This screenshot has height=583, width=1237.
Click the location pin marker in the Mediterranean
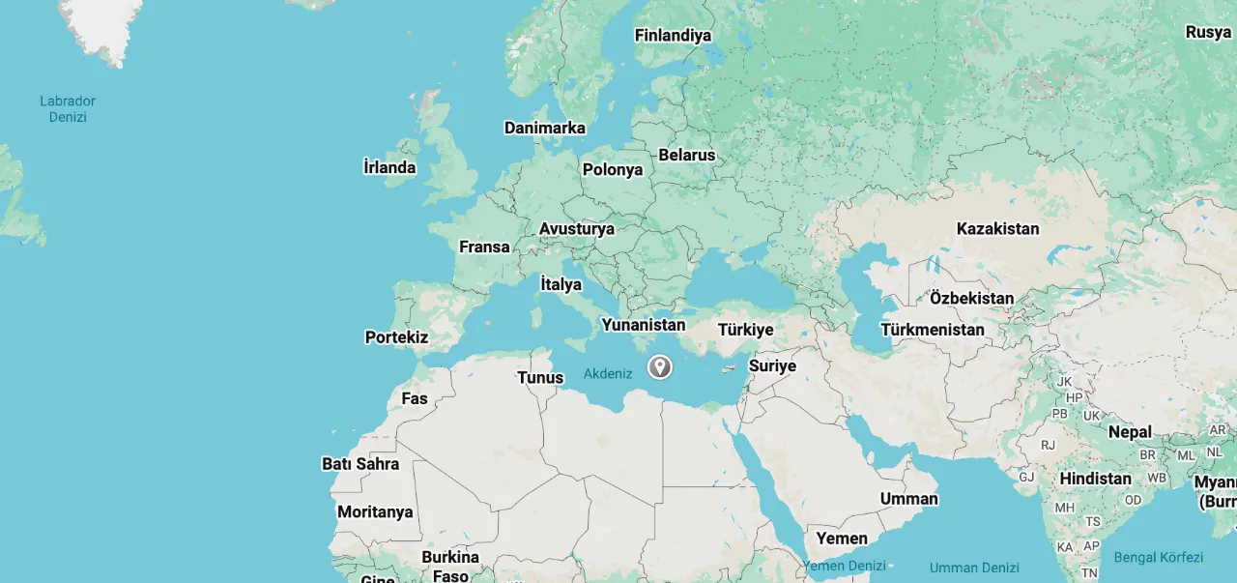click(659, 366)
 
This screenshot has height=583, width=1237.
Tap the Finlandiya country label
click(673, 36)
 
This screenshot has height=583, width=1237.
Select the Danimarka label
click(545, 128)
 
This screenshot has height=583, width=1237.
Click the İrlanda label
click(389, 167)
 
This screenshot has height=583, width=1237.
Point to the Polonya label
click(613, 170)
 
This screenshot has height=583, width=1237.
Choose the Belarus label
click(687, 155)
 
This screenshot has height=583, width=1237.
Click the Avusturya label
click(577, 229)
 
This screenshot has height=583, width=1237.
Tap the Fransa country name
click(484, 247)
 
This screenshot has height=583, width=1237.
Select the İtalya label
click(561, 284)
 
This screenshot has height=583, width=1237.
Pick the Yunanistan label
click(644, 325)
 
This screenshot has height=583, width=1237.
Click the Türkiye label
click(746, 330)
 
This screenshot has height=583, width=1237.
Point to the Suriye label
click(772, 365)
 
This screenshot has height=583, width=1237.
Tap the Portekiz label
click(396, 337)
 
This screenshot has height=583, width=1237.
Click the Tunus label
click(540, 377)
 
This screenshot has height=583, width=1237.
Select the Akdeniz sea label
click(608, 373)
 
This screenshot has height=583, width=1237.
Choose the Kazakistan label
click(998, 229)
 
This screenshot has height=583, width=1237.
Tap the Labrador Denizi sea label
click(68, 108)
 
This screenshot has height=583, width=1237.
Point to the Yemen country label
click(842, 538)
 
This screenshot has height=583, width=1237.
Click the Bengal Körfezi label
click(1159, 558)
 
